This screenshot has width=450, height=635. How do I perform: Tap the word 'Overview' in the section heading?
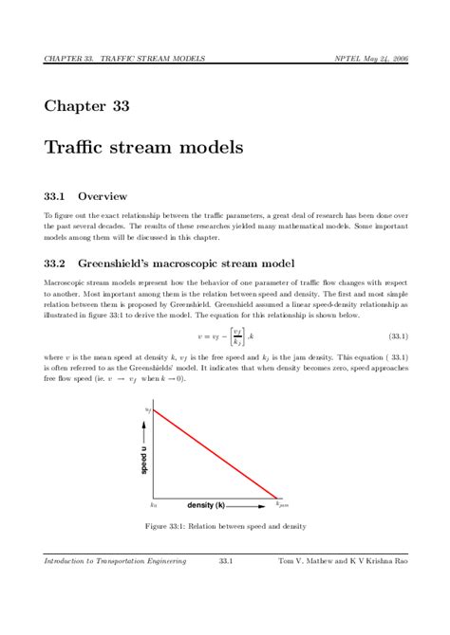[103, 197]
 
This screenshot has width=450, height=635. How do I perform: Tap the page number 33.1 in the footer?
[226, 562]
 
